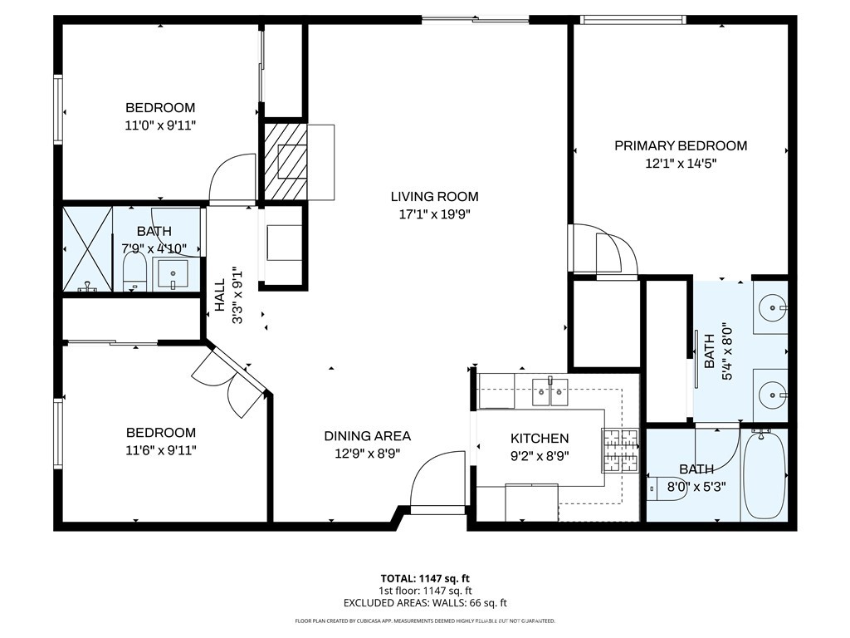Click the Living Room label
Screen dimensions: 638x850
click(434, 197)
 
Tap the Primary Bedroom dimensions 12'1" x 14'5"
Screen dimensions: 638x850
click(680, 164)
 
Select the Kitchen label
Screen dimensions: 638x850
click(539, 439)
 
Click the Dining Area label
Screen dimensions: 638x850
click(367, 436)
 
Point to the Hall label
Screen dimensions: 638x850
click(220, 295)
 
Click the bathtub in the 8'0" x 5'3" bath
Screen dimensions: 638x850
click(764, 474)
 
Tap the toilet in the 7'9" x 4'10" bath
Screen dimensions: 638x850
click(134, 272)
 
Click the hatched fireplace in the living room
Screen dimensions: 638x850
click(286, 162)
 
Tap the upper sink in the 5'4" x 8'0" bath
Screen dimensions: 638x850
click(771, 307)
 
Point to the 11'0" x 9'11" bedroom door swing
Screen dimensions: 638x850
click(232, 179)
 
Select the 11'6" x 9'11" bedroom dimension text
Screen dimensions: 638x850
click(161, 450)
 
